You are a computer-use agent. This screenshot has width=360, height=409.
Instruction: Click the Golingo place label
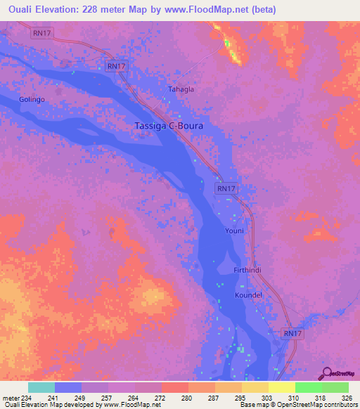point(32,100)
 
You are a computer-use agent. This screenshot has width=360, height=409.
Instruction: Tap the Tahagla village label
point(181,90)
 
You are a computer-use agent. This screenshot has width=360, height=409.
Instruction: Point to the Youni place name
point(234,231)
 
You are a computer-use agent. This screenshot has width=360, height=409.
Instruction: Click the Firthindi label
point(247,271)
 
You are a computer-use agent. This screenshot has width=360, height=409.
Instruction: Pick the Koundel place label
point(247,295)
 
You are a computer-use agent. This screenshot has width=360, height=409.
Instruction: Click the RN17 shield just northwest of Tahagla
point(116,66)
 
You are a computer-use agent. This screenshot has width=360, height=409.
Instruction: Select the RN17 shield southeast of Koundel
point(293,333)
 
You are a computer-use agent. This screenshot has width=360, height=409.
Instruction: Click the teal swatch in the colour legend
point(41,387)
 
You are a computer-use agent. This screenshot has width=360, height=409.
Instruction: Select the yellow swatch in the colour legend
point(281,387)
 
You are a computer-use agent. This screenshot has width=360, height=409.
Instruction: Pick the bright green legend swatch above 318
point(308,387)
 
